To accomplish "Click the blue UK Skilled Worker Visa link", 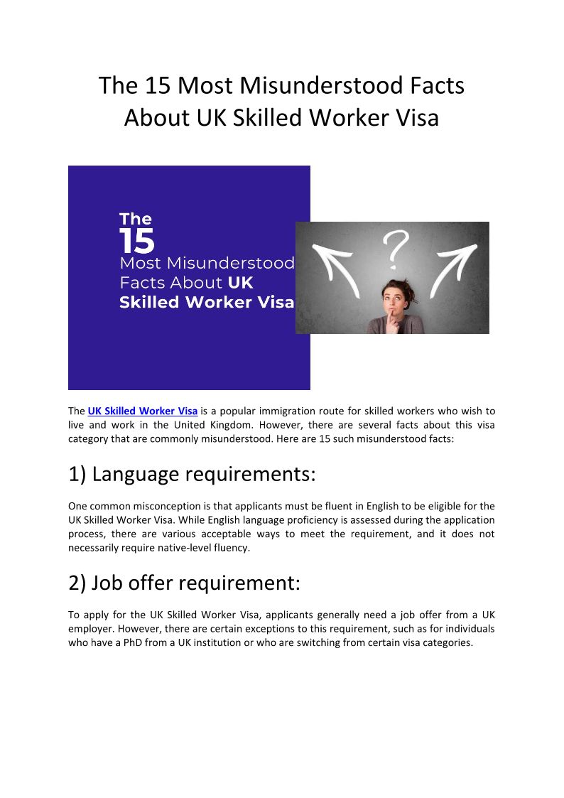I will click(142, 411).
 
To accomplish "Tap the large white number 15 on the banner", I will click(136, 242).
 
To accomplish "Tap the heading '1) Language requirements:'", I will click(192, 474).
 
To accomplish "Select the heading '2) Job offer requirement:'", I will click(185, 583).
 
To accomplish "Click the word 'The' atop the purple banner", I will click(135, 219).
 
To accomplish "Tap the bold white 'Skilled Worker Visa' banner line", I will click(206, 302).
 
